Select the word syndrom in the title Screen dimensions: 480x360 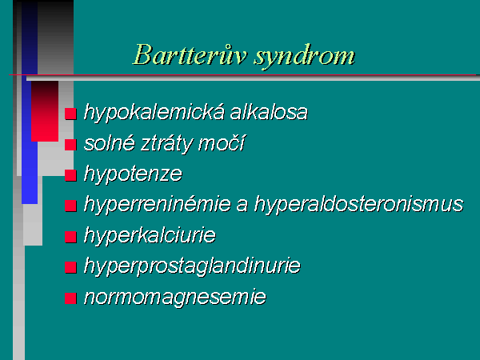coord(305,57)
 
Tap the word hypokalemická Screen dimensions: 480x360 coord(154,112)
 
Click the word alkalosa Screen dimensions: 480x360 coord(269,111)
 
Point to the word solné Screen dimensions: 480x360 coord(110,142)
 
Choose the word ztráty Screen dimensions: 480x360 coord(167,144)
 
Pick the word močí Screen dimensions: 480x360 coord(222,142)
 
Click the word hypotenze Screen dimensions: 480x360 coord(133,174)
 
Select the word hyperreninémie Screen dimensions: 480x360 coord(158,205)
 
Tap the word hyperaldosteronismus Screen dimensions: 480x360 coord(358,205)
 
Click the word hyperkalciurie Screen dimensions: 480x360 coord(150,235)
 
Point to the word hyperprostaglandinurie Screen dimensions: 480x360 coord(192,266)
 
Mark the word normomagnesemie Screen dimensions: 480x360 coord(175,298)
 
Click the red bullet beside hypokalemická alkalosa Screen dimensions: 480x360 coord(70,114)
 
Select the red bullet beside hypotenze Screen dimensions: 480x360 coord(70,175)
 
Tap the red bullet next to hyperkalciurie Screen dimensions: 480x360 coord(70,237)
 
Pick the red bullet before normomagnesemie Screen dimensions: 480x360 coord(70,298)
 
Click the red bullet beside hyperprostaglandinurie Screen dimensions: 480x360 coord(70,267)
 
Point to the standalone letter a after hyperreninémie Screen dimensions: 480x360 coord(242,206)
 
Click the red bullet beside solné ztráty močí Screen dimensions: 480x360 coord(70,145)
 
